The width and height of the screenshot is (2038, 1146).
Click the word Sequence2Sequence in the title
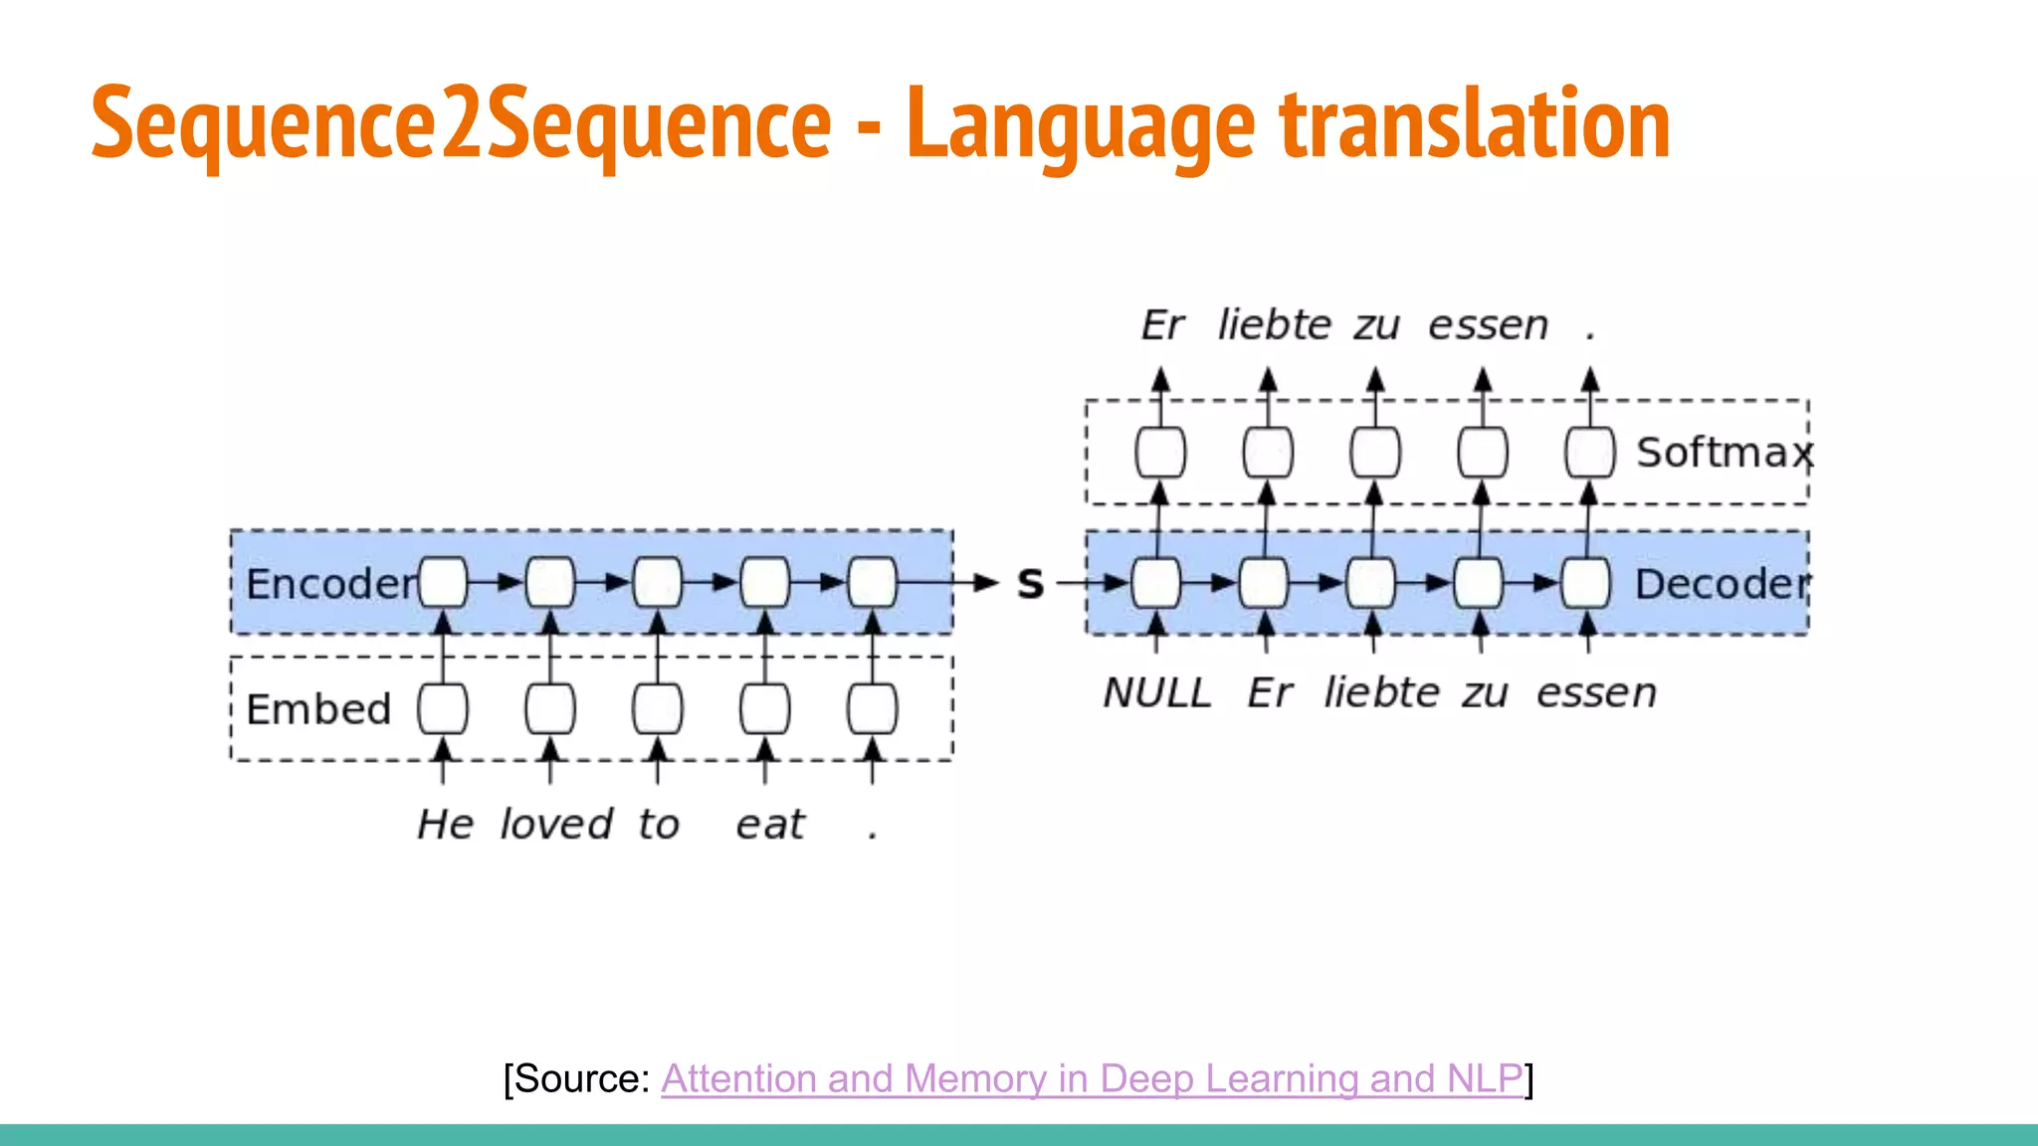click(x=461, y=124)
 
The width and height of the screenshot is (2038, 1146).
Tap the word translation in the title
click(x=1474, y=124)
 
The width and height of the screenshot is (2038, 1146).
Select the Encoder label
click(x=331, y=584)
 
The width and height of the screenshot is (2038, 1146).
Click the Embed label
click(x=318, y=709)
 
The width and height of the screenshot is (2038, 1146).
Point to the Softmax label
click(x=1725, y=453)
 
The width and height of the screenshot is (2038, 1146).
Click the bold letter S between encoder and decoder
click(x=1031, y=584)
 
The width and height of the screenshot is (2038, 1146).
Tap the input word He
click(x=445, y=825)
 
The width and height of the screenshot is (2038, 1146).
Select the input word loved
click(x=556, y=825)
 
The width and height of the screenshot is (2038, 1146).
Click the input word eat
click(x=769, y=826)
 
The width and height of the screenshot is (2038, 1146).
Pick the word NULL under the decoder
click(x=1157, y=693)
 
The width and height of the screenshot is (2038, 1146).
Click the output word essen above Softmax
click(x=1489, y=325)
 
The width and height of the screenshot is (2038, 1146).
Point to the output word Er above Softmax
click(x=1162, y=325)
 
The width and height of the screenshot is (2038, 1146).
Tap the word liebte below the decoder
click(x=1382, y=693)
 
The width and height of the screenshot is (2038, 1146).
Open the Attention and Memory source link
click(x=1092, y=1078)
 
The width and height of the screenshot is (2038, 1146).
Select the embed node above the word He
click(x=443, y=709)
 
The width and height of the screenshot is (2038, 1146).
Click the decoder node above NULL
click(x=1156, y=583)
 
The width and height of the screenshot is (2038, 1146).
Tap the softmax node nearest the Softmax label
click(x=1589, y=453)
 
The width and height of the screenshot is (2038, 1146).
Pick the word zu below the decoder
click(x=1485, y=693)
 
